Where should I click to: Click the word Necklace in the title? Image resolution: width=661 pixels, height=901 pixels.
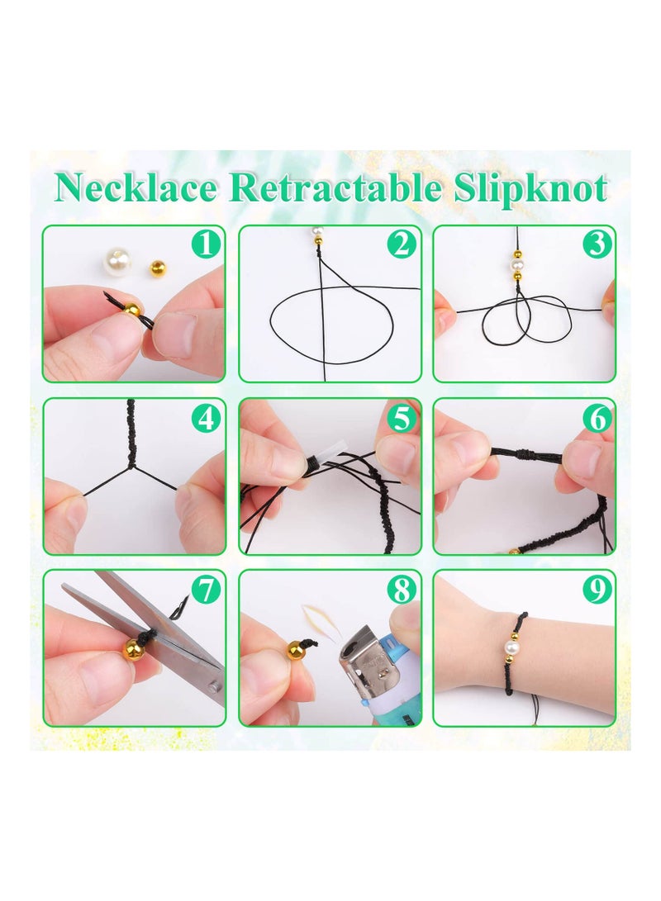pyautogui.click(x=136, y=189)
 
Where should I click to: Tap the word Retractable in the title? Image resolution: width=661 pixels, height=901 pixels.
pyautogui.click(x=334, y=189)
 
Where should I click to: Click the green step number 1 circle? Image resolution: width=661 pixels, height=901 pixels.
pyautogui.click(x=207, y=244)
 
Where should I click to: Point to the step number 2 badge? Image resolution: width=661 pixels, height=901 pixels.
pyautogui.click(x=402, y=244)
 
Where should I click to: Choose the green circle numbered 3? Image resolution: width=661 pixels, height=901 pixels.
pyautogui.click(x=597, y=244)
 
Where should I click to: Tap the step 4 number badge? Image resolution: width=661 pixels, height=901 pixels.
pyautogui.click(x=207, y=419)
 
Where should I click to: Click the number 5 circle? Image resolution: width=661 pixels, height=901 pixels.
pyautogui.click(x=402, y=419)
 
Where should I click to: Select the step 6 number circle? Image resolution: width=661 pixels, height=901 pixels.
pyautogui.click(x=597, y=419)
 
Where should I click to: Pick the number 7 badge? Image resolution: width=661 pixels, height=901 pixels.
pyautogui.click(x=207, y=590)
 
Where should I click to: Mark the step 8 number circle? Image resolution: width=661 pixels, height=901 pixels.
pyautogui.click(x=402, y=590)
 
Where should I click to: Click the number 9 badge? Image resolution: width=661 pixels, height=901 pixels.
pyautogui.click(x=597, y=590)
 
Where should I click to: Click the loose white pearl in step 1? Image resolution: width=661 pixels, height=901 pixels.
pyautogui.click(x=118, y=263)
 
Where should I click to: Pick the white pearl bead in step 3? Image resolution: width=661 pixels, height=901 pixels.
pyautogui.click(x=518, y=266)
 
